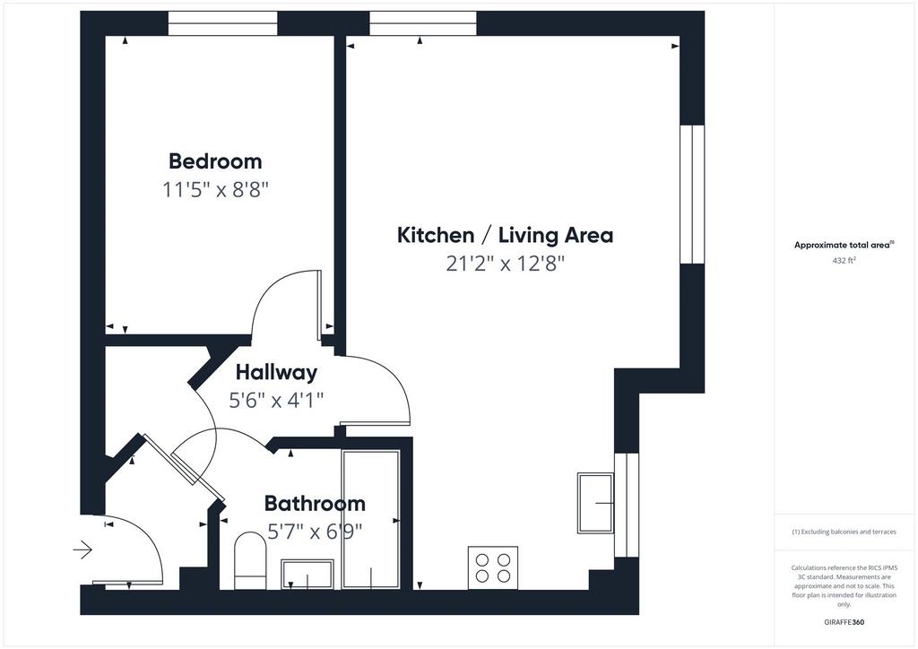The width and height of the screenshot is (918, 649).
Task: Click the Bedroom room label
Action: [215, 161]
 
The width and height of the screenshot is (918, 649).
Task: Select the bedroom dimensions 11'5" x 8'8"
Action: [215, 190]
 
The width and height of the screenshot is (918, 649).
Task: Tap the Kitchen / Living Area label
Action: [505, 235]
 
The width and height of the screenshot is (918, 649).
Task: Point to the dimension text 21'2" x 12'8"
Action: [505, 264]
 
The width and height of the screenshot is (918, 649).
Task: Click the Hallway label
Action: [276, 372]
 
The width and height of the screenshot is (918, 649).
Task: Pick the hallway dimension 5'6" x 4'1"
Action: [276, 401]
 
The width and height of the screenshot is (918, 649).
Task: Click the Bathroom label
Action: [315, 503]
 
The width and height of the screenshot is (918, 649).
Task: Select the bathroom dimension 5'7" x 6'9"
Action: [315, 532]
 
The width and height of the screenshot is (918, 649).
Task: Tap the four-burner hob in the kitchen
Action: [493, 567]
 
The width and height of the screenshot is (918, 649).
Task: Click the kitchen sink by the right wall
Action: [595, 503]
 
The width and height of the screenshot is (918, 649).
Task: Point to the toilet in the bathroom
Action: [250, 560]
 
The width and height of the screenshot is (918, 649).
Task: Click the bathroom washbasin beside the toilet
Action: [307, 574]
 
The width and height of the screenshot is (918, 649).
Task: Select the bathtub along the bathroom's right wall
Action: [371, 519]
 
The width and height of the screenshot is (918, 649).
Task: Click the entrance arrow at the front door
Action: [82, 550]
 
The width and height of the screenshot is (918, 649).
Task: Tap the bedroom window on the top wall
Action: [222, 23]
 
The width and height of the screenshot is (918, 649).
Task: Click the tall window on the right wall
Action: [692, 195]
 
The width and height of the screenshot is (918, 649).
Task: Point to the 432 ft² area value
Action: [844, 261]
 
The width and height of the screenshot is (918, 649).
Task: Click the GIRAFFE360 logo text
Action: [844, 622]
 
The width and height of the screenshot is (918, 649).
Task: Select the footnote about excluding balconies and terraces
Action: [844, 532]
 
